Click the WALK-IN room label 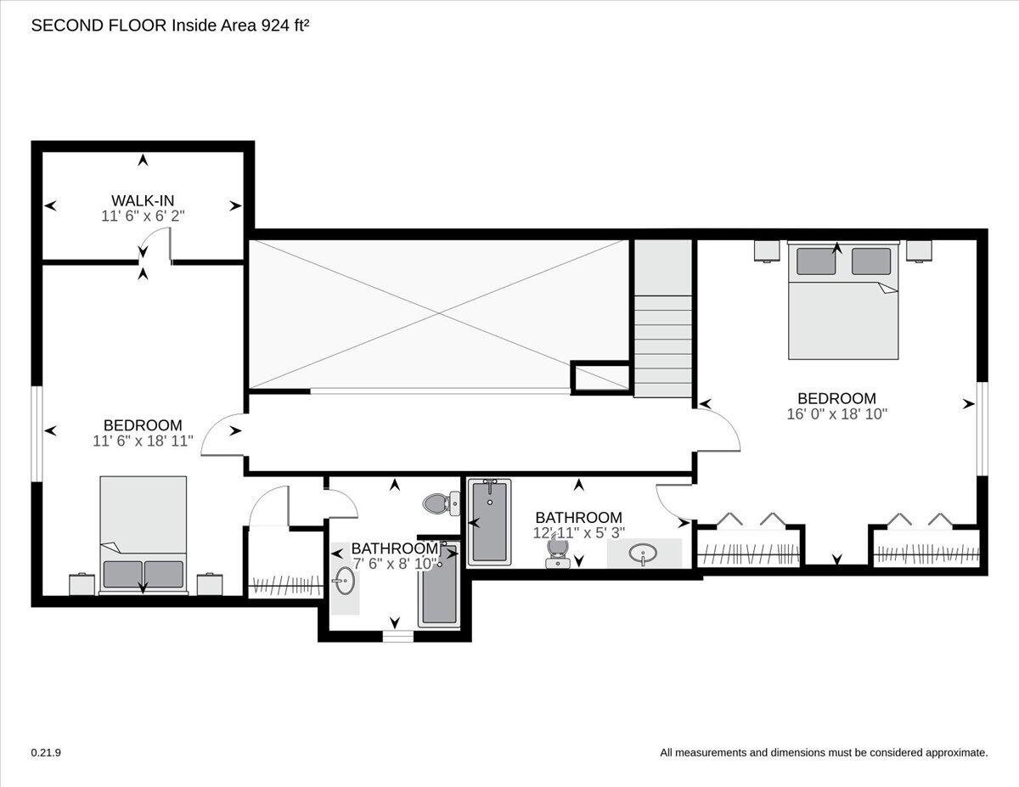[x=143, y=200]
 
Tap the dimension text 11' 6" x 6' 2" [x=143, y=216]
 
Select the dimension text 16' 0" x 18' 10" [x=837, y=414]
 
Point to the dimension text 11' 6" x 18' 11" [x=143, y=441]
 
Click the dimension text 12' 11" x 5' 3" [x=578, y=533]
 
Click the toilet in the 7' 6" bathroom [x=442, y=503]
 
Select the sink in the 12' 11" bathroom [x=644, y=554]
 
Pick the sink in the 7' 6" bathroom [x=345, y=581]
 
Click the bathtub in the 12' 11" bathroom [x=490, y=520]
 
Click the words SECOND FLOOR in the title [x=99, y=25]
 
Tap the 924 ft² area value [x=285, y=25]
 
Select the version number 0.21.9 [x=46, y=753]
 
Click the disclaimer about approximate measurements [x=824, y=753]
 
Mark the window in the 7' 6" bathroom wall [x=398, y=636]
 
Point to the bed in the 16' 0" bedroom [x=843, y=301]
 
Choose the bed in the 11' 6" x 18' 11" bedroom [x=144, y=536]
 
